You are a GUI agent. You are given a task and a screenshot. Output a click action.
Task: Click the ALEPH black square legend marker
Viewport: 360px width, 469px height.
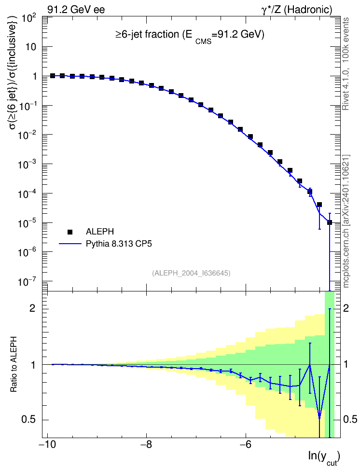point(70,232)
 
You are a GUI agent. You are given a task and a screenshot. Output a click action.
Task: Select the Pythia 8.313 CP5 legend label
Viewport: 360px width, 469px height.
point(119,244)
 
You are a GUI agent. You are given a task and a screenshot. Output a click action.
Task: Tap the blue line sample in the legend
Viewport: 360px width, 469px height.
point(70,244)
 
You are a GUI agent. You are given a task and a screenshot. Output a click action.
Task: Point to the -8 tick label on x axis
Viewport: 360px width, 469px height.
point(146,445)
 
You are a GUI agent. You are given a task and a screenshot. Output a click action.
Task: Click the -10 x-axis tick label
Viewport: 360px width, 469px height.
point(47,445)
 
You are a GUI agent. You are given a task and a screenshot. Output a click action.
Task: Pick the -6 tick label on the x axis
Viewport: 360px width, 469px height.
point(245,445)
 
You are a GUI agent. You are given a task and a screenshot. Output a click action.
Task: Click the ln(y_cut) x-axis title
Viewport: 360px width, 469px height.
point(324,457)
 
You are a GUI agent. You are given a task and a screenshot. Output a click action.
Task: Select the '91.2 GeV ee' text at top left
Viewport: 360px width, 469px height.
point(76,10)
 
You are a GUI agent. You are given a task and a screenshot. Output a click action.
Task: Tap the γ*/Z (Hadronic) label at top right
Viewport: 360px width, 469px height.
point(297,10)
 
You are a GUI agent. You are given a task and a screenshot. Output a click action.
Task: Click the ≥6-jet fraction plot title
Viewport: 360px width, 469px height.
point(190,35)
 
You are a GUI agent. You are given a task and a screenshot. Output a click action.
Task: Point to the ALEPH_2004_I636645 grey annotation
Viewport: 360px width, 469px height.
point(191,273)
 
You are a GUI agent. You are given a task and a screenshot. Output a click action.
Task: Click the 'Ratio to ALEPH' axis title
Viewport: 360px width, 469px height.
point(14,364)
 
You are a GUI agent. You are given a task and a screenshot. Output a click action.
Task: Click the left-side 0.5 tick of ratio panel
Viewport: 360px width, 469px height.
point(29,420)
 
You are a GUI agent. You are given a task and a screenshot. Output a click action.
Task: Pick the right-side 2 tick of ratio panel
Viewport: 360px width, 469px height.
point(346,308)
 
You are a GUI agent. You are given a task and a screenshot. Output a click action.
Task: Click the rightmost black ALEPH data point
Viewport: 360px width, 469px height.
point(330,222)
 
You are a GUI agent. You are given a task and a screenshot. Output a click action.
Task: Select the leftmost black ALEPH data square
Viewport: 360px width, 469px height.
point(53,76)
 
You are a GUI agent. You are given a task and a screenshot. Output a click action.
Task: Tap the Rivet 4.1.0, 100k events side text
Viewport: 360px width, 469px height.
point(346,64)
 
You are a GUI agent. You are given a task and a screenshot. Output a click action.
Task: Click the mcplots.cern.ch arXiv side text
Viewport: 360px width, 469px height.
point(346,221)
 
